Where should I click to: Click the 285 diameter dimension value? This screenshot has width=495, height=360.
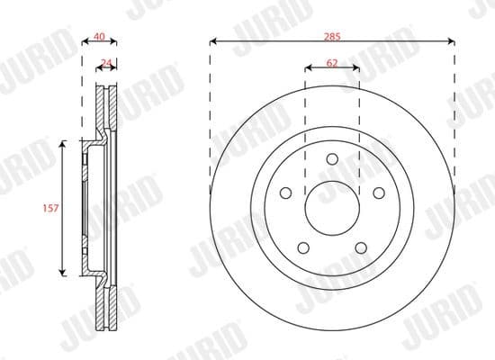click(x=331, y=34)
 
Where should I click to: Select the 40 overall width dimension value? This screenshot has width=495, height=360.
click(x=100, y=37)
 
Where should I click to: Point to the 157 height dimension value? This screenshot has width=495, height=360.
click(x=50, y=208)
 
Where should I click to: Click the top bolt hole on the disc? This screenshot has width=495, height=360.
click(x=332, y=159)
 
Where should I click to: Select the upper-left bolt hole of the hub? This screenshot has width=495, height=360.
click(x=286, y=192)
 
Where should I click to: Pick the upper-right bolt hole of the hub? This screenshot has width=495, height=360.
click(x=378, y=192)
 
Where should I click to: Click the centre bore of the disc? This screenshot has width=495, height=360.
click(x=332, y=208)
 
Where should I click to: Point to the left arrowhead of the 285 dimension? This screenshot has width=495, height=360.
click(x=212, y=40)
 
